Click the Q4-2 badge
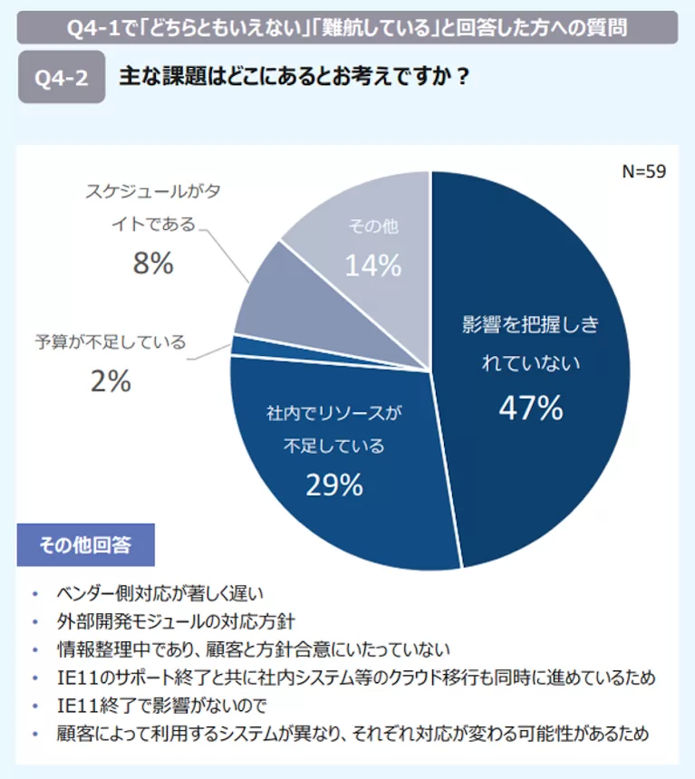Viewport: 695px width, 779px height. (62, 78)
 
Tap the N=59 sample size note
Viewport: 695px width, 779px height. (644, 172)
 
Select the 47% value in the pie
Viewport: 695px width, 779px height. (531, 409)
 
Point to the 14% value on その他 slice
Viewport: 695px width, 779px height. (372, 265)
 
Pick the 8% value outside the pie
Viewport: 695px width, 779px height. (152, 264)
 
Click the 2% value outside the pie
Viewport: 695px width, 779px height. (111, 382)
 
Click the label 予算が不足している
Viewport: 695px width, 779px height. (111, 342)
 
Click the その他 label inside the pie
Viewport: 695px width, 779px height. (372, 226)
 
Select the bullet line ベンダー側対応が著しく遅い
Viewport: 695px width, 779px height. (159, 593)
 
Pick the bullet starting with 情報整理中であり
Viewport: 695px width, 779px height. (253, 649)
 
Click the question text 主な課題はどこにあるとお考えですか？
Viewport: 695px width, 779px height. (294, 77)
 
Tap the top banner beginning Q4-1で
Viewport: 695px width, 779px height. (347, 27)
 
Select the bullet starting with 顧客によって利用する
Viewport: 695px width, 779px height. (352, 733)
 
